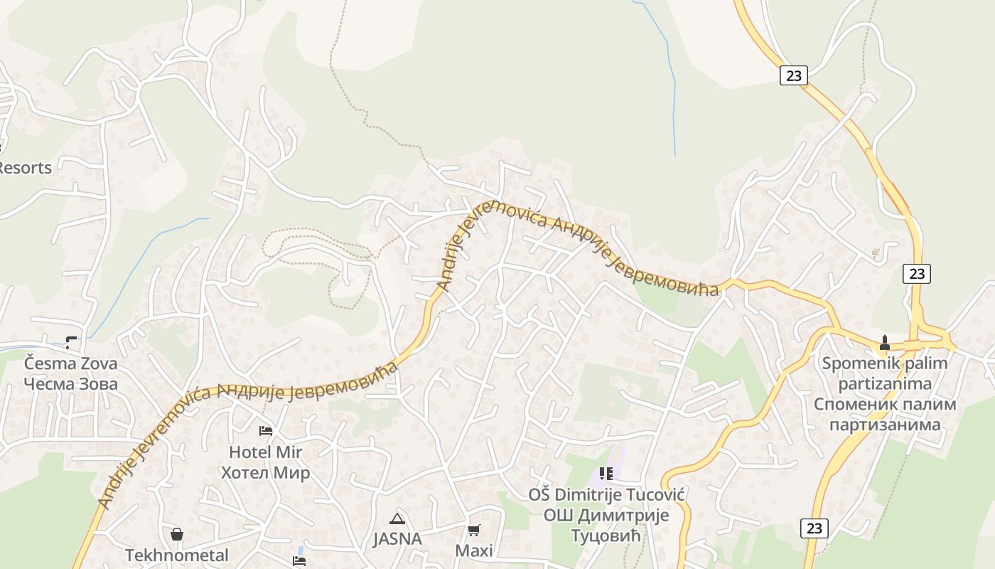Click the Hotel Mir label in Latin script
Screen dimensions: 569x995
[265, 452]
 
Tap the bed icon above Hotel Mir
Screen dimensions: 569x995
[266, 431]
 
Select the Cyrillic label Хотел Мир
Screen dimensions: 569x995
[265, 473]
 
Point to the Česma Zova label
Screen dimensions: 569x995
[70, 363]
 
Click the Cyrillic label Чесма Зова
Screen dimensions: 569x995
[70, 384]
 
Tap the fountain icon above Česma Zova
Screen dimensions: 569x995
[71, 343]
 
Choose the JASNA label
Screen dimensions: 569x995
[397, 539]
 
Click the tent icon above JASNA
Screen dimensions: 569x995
[397, 519]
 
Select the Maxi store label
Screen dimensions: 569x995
[474, 551]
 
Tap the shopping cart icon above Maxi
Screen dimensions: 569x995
[474, 530]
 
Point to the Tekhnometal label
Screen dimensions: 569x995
[177, 555]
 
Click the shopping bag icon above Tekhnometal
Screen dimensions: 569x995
[177, 534]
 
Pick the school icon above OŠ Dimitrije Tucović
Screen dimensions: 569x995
[606, 474]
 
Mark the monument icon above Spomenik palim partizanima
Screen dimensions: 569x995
[885, 343]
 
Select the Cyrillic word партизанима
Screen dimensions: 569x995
[885, 425]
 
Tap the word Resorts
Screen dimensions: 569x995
[26, 168]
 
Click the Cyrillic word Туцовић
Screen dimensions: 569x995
[606, 535]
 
